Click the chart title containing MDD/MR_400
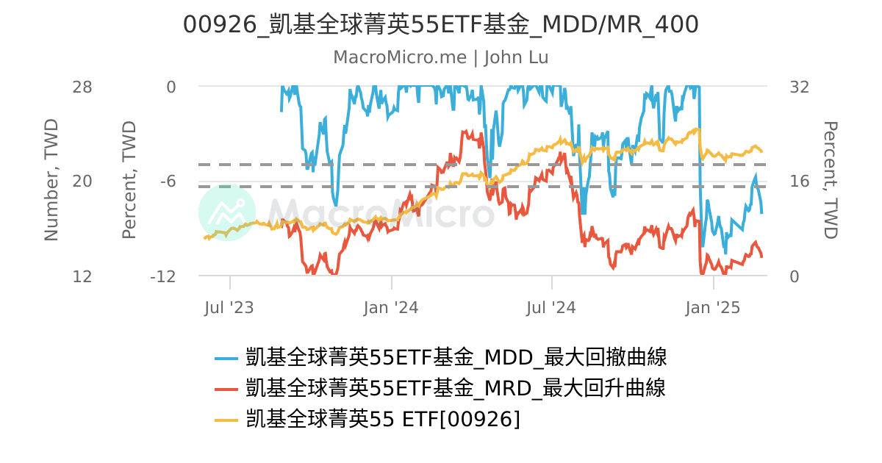click(x=440, y=25)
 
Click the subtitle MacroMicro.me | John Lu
click(x=440, y=57)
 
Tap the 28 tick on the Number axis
click(x=82, y=87)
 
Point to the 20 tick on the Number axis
click(x=82, y=182)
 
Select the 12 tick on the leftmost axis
click(x=82, y=276)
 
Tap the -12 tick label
click(x=162, y=276)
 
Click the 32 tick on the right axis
click(x=799, y=87)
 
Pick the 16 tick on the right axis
click(x=799, y=182)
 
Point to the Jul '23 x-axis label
click(x=229, y=307)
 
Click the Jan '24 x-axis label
click(x=391, y=307)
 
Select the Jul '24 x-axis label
click(x=552, y=307)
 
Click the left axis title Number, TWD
click(x=51, y=180)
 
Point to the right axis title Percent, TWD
click(x=830, y=180)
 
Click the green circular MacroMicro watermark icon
click(x=227, y=212)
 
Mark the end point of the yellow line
click(x=761, y=151)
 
